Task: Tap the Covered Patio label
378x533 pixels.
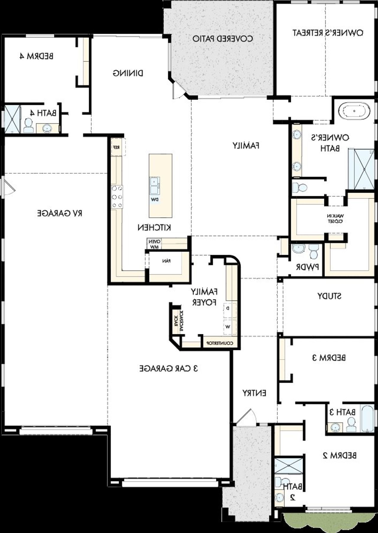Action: tap(223, 39)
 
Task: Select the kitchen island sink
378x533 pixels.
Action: tap(154, 185)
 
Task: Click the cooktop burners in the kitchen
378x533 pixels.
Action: tap(117, 197)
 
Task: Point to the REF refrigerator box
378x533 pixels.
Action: tap(116, 147)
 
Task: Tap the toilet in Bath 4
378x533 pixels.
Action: tap(28, 125)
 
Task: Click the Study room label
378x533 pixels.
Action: tap(329, 296)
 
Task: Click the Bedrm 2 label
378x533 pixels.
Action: tap(339, 456)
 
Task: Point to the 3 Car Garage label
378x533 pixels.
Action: tap(169, 368)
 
